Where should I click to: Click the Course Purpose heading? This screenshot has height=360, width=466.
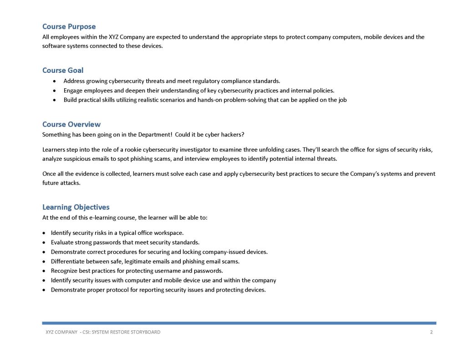click(69, 27)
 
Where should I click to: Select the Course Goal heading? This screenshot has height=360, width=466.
click(63, 71)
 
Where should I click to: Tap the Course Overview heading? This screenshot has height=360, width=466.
click(71, 124)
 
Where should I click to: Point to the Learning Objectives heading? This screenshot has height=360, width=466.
click(76, 208)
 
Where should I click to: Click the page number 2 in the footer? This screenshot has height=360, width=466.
click(431, 332)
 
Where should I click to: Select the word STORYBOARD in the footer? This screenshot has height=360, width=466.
click(147, 332)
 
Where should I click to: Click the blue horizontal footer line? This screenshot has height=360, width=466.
click(239, 323)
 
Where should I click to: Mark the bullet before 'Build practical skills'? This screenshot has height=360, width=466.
click(55, 100)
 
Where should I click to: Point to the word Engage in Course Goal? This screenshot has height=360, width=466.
click(74, 91)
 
